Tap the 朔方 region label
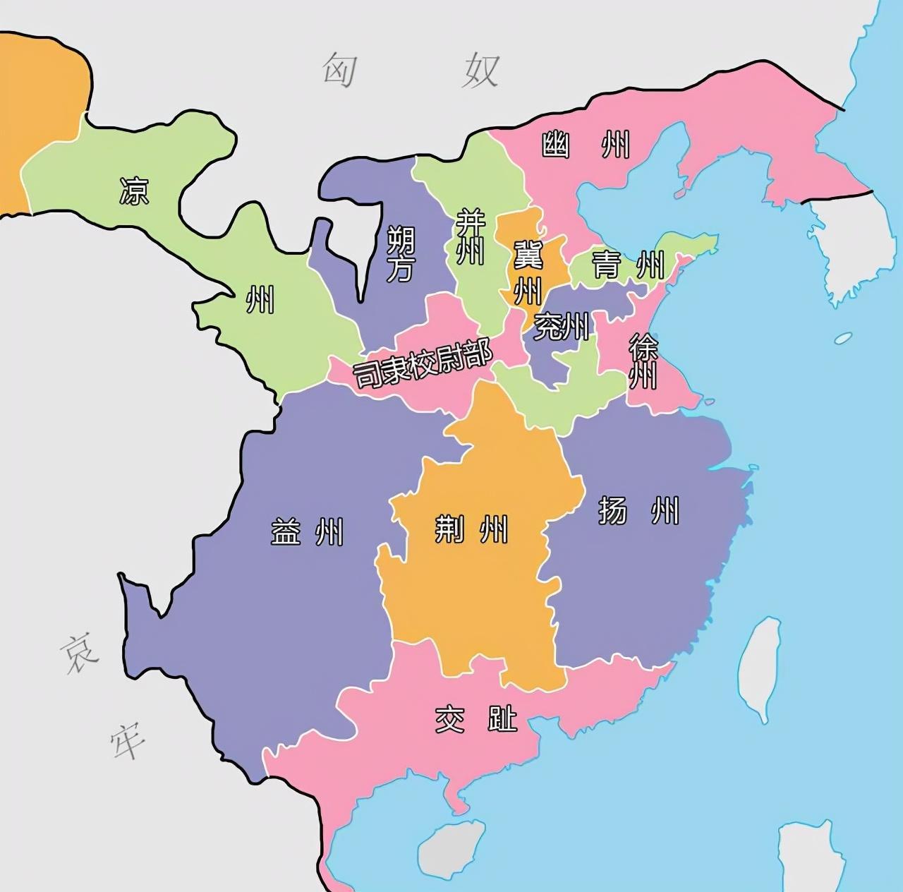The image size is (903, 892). coord(400,254)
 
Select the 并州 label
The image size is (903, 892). coord(470,236)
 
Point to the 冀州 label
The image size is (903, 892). coord(528,272)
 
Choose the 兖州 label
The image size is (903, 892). coord(561,326)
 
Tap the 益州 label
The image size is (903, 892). coord(307,531)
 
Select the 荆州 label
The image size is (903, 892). coord(471,528)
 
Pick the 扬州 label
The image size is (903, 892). coord(638,510)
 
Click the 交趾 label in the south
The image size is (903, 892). coord(476,720)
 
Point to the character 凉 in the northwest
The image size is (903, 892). coord(134,191)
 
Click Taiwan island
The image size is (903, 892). coord(760,667)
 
